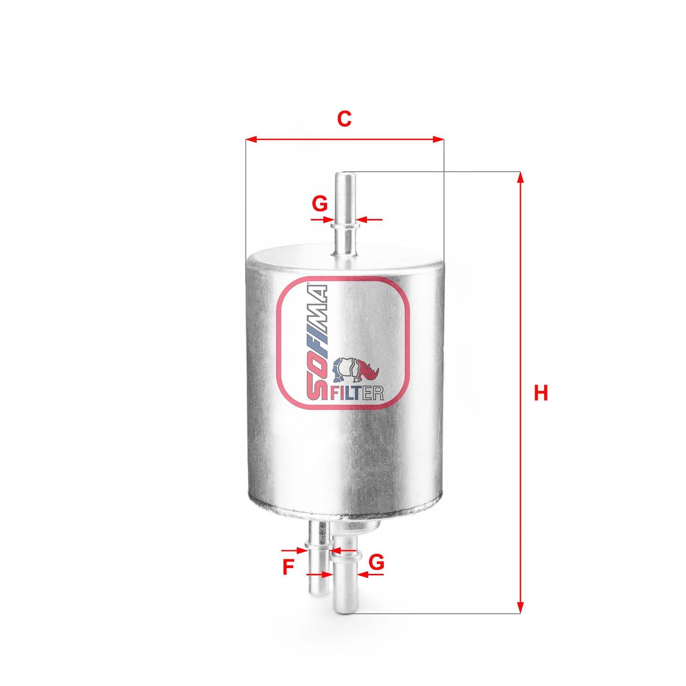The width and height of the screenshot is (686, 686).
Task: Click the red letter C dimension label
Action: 344,119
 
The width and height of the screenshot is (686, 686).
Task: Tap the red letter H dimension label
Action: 541,393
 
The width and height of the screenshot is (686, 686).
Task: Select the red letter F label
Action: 288,568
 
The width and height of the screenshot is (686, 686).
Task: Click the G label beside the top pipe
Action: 320,204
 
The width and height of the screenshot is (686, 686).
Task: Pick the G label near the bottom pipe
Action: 376,562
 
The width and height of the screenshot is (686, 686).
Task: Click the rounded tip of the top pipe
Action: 345,175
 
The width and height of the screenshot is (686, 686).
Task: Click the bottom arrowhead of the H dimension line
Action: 520,609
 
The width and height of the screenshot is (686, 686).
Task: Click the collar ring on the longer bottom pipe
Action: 346,556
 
